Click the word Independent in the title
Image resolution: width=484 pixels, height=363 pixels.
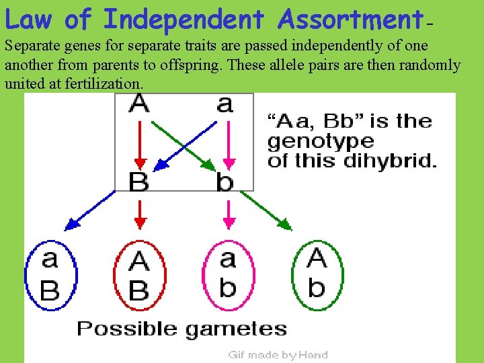[x=184, y=20]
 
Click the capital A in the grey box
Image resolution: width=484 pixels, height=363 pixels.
[x=139, y=104]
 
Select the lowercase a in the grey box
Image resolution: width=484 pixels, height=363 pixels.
[x=225, y=104]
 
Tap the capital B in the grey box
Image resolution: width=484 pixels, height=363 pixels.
[x=139, y=182]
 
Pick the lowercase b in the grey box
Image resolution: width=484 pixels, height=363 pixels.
[x=225, y=182]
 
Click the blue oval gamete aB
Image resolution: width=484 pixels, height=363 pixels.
[x=51, y=276]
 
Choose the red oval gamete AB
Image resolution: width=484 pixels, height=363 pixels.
[x=139, y=276]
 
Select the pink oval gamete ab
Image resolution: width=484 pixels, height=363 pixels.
[x=228, y=276]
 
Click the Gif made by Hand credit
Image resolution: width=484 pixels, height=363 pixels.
[x=278, y=355]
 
